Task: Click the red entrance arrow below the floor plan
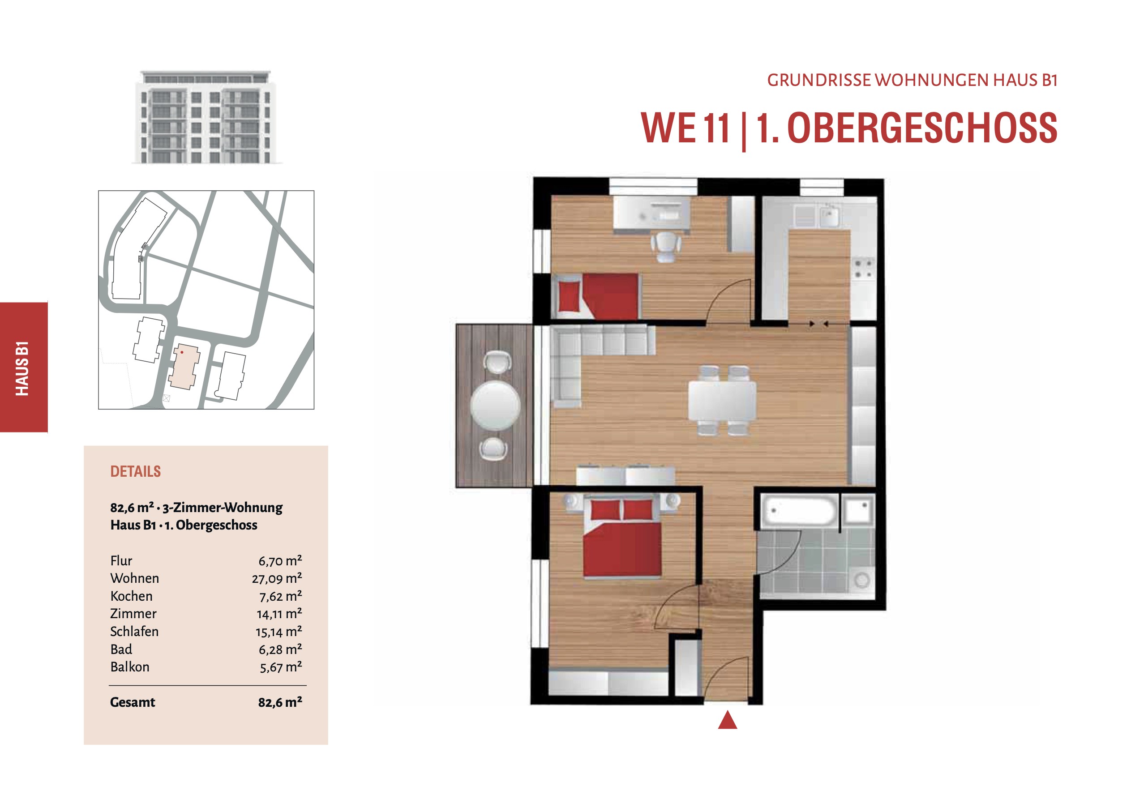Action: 728,720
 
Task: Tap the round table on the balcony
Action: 496,406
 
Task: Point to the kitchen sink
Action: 829,216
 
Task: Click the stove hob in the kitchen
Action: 864,269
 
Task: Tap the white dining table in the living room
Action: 722,401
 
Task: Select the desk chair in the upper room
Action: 665,247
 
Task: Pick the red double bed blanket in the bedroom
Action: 622,549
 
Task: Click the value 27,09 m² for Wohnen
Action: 277,578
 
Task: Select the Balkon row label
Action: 130,667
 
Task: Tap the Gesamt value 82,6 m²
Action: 280,702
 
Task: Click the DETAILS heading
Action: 136,471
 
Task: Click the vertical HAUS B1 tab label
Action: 22,368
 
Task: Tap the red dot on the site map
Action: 182,352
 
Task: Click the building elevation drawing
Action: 206,117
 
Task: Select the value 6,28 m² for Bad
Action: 280,649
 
